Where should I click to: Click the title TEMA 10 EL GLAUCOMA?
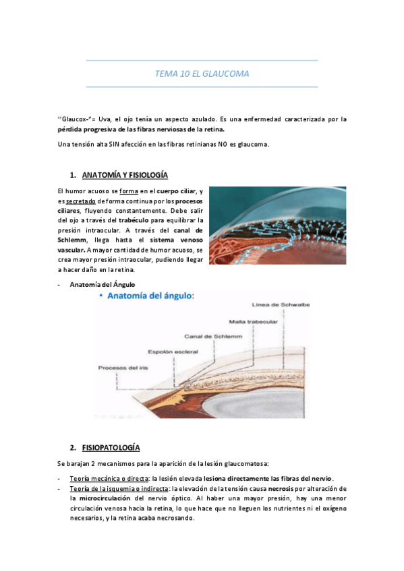pyautogui.click(x=202, y=73)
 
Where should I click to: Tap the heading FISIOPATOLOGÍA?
pyautogui.click(x=111, y=447)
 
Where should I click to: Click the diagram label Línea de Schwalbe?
pyautogui.click(x=281, y=304)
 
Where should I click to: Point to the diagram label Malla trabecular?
pyautogui.click(x=253, y=321)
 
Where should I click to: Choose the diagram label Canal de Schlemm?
pyautogui.click(x=209, y=335)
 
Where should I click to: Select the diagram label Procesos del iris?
pyautogui.click(x=122, y=368)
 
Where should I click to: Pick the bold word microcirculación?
pyautogui.click(x=101, y=498)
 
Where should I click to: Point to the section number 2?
pyautogui.click(x=72, y=447)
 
